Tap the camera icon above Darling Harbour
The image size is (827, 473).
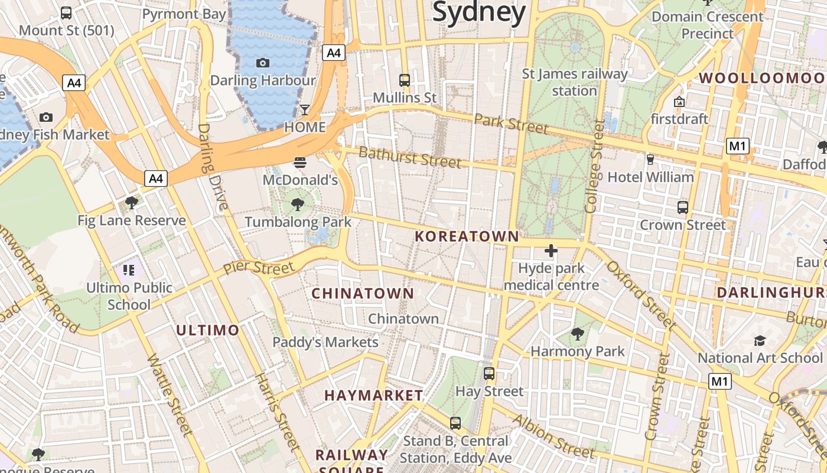[x=263, y=63]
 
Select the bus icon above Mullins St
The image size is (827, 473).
[x=405, y=80]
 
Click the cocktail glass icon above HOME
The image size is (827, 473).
[x=305, y=110]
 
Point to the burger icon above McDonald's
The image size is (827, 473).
[x=300, y=163]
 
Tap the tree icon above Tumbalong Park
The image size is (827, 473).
[x=298, y=205]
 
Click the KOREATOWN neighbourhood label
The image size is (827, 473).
[x=467, y=237]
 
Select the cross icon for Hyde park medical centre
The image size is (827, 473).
[x=551, y=251]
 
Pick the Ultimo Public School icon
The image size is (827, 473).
[x=129, y=271]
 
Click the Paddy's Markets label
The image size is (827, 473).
[x=325, y=342]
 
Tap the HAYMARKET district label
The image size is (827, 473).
[x=374, y=395]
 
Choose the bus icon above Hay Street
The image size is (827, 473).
[x=489, y=374]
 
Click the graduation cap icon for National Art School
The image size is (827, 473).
[x=760, y=341]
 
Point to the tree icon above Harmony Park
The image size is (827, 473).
[x=577, y=334]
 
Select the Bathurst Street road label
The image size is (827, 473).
[x=410, y=157]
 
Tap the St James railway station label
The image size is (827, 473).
[x=575, y=82]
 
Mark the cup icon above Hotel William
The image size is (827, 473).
[x=650, y=160]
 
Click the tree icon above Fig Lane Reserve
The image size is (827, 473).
[x=132, y=203]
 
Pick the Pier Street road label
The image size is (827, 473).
[x=259, y=268]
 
